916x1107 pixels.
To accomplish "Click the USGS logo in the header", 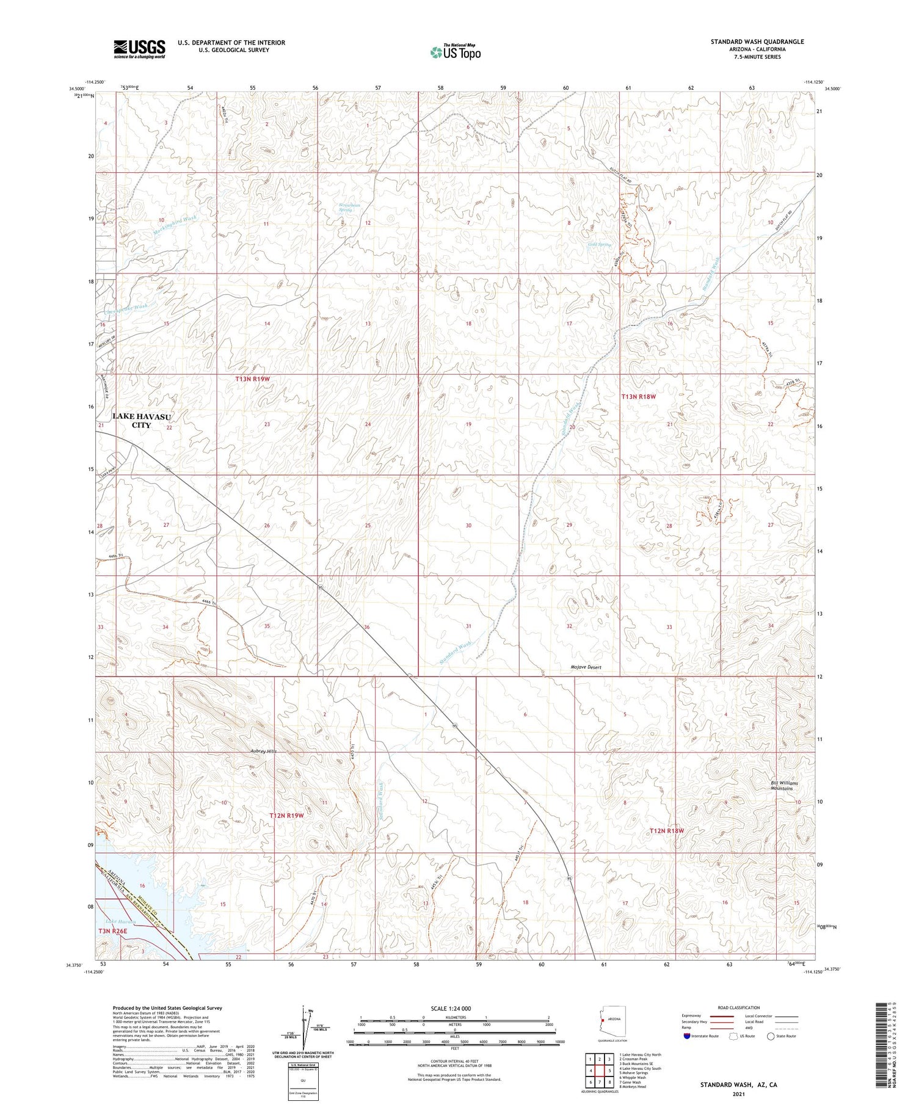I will tap(139, 49).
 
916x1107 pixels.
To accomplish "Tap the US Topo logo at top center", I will tap(455, 52).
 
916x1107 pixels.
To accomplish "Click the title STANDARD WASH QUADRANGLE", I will tap(757, 42).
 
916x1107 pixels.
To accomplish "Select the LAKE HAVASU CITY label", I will tap(141, 420).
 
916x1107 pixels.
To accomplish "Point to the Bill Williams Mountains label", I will tap(783, 785).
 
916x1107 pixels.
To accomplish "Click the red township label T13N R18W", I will tap(638, 397).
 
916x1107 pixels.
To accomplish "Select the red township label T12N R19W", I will tap(286, 816).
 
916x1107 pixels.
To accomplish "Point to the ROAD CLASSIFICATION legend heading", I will tap(739, 1007).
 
